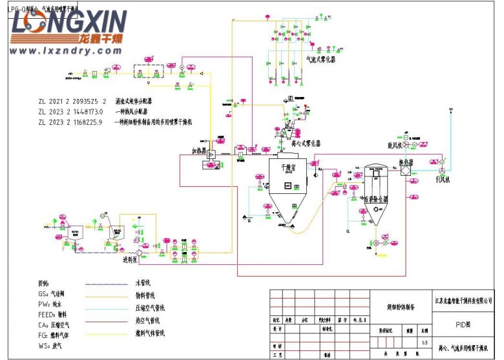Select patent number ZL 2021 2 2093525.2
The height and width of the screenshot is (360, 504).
[72, 101]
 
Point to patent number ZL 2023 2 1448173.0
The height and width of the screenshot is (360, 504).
[72, 111]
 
